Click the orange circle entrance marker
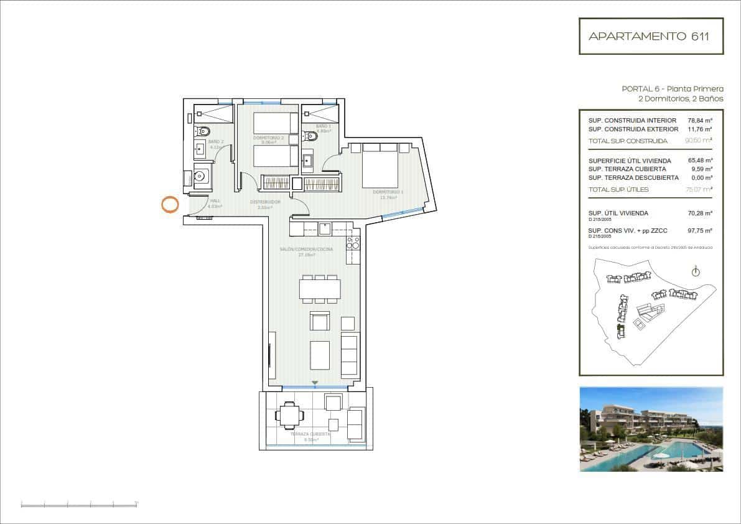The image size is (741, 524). pos(170,204)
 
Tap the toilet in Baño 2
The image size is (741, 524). pos(203,131)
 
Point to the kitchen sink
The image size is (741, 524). pos(324,228)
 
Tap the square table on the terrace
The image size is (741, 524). pos(288,415)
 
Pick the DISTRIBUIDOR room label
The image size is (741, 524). pos(266,202)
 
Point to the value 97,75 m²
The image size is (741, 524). pos(700,230)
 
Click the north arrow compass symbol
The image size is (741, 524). pos(696,271)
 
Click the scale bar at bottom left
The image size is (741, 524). pos(79,504)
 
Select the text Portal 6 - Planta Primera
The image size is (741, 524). pos(673,89)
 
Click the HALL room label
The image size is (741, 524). pos(215,201)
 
